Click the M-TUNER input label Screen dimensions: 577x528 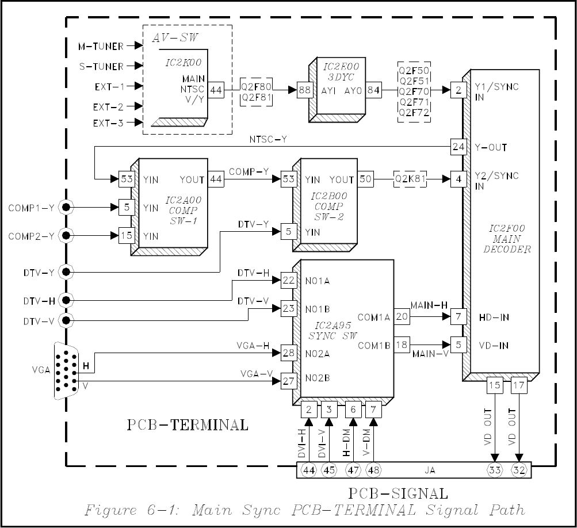(101, 47)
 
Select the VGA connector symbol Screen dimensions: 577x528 (66, 371)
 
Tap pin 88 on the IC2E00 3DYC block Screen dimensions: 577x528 (304, 90)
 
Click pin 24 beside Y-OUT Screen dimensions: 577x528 (458, 147)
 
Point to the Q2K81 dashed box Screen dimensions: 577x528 (410, 179)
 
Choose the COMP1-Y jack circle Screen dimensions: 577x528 (66, 208)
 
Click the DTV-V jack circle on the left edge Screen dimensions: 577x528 (66, 321)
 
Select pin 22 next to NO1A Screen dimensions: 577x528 (289, 280)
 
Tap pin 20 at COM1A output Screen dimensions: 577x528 (402, 316)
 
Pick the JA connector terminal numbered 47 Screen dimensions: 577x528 (353, 470)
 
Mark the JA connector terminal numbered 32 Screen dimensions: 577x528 (519, 470)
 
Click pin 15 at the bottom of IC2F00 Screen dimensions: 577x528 (495, 385)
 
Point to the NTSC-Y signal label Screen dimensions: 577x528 (268, 139)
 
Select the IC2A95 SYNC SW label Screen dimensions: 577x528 (333, 330)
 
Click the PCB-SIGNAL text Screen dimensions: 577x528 (398, 493)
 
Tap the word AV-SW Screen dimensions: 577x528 (175, 37)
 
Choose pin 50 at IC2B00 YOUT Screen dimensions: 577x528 (365, 179)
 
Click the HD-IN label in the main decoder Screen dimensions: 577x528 (494, 317)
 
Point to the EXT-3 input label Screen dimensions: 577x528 (108, 123)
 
